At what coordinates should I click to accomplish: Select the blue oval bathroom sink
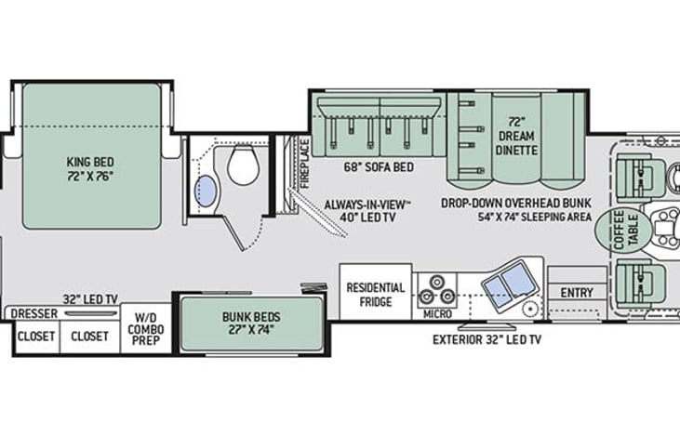[207, 192]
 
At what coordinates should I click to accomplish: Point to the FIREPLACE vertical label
[304, 163]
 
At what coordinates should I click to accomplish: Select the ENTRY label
[577, 293]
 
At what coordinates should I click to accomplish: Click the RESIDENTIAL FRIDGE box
[376, 293]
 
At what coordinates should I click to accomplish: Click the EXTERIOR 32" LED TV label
[487, 340]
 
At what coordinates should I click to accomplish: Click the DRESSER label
[34, 314]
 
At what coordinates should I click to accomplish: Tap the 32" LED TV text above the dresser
[90, 299]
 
